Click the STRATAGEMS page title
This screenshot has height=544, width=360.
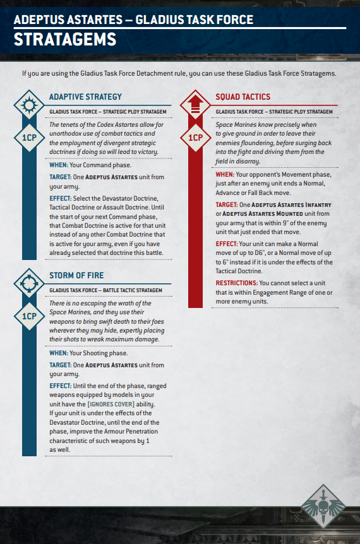65,39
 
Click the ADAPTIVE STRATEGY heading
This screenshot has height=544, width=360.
85,97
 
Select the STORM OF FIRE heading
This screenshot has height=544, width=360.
76,275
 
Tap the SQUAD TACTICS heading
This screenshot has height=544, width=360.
243,97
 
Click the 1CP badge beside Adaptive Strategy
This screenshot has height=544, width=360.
29,137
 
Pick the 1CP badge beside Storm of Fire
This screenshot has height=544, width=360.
29,316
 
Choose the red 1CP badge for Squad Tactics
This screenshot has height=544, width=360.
196,137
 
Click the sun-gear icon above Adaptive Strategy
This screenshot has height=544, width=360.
29,104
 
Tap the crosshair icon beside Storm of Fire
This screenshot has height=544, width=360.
29,282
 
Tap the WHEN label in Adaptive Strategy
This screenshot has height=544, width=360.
59,165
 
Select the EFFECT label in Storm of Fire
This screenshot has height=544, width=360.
60,386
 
